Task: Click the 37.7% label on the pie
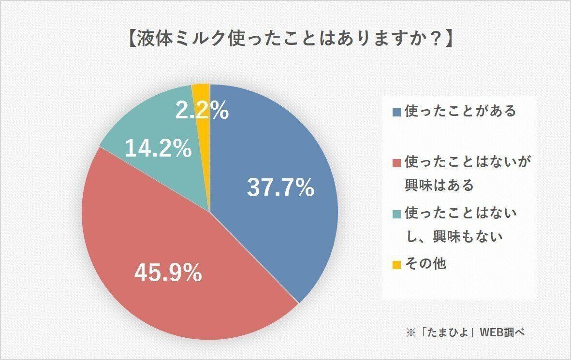280,188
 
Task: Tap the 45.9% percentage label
168,274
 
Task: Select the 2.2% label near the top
202,112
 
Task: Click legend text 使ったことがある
460,111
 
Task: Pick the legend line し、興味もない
454,236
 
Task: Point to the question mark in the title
435,40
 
